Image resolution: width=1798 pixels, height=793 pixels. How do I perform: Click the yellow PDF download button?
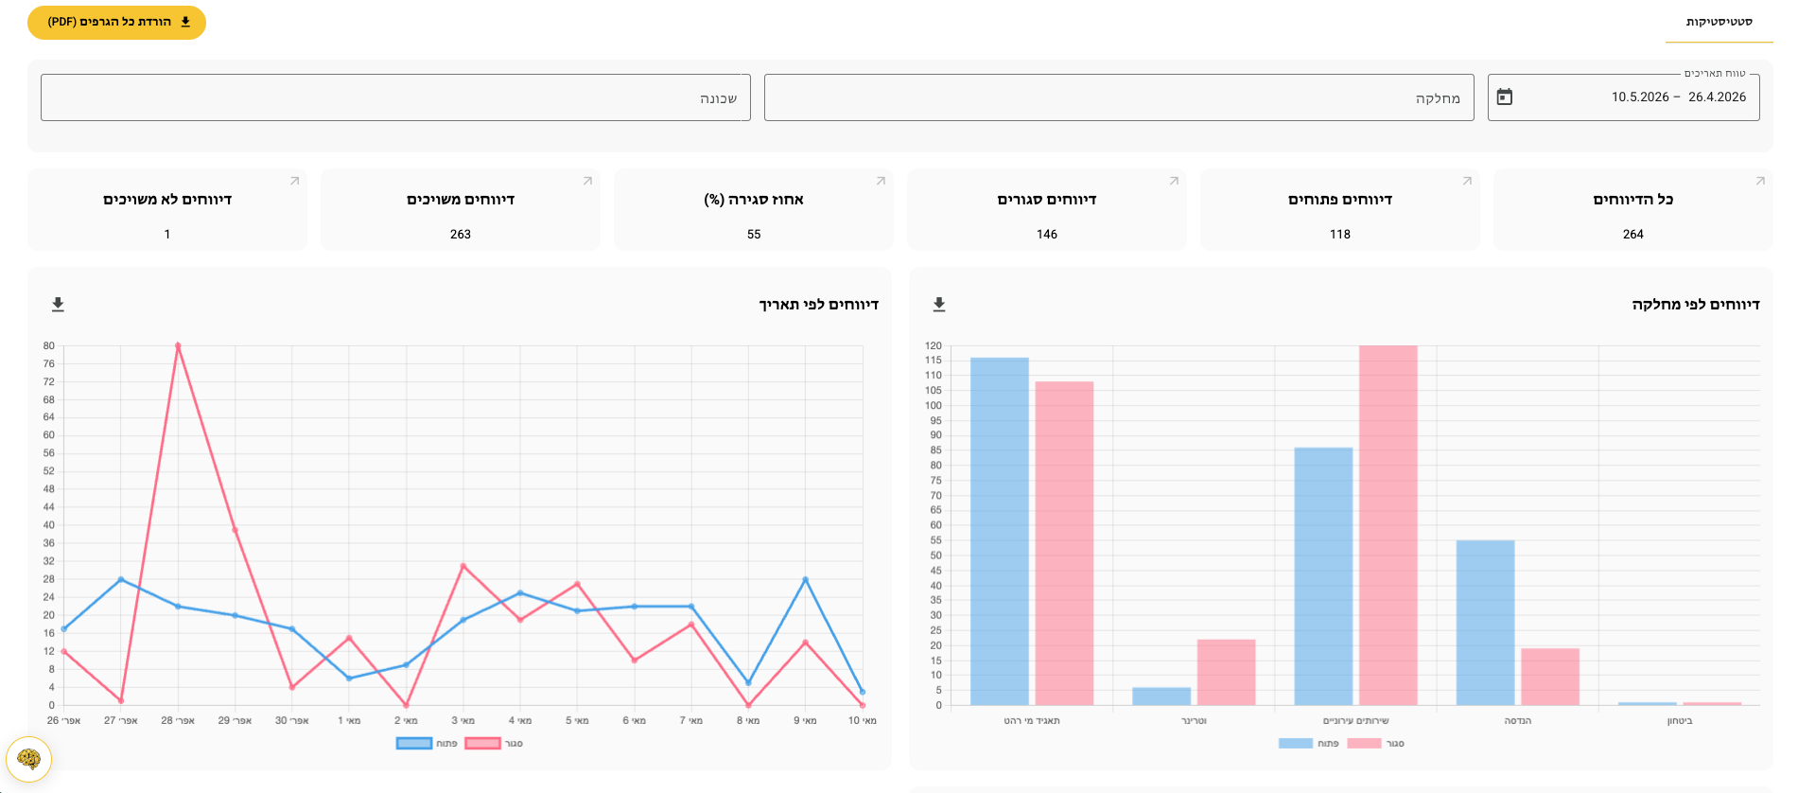[x=116, y=22]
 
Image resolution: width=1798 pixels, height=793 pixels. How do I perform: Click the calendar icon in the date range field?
[x=1505, y=97]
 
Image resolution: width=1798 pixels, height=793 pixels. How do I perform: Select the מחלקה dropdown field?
[x=1119, y=97]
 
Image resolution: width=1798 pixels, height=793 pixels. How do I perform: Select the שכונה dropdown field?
[x=395, y=97]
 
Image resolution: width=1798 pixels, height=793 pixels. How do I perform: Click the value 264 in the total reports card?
[x=1633, y=234]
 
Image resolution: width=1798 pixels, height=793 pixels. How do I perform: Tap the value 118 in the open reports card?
[x=1340, y=234]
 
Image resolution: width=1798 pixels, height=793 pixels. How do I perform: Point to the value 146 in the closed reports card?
[x=1047, y=234]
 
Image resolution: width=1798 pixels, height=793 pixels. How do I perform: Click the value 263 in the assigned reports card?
[x=461, y=234]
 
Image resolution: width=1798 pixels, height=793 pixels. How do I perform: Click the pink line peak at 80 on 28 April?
[x=178, y=345]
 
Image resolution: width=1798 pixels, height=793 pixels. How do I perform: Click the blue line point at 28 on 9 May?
[x=805, y=579]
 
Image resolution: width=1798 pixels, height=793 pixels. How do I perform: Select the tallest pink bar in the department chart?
[x=1388, y=525]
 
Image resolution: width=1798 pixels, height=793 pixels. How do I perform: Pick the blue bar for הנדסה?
[x=1485, y=623]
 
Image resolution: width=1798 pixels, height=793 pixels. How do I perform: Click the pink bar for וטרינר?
[x=1227, y=672]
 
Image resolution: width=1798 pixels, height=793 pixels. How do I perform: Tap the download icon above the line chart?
[x=58, y=304]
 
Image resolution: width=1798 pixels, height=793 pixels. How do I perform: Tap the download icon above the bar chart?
[x=939, y=304]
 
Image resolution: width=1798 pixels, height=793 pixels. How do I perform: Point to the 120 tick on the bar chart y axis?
[x=934, y=345]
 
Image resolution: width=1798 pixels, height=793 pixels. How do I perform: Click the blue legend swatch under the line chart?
[x=414, y=744]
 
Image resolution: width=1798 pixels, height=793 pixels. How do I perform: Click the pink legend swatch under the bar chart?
[x=1364, y=744]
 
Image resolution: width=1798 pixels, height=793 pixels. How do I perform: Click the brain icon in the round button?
[x=29, y=759]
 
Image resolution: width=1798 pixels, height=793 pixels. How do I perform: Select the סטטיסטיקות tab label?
[x=1719, y=22]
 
